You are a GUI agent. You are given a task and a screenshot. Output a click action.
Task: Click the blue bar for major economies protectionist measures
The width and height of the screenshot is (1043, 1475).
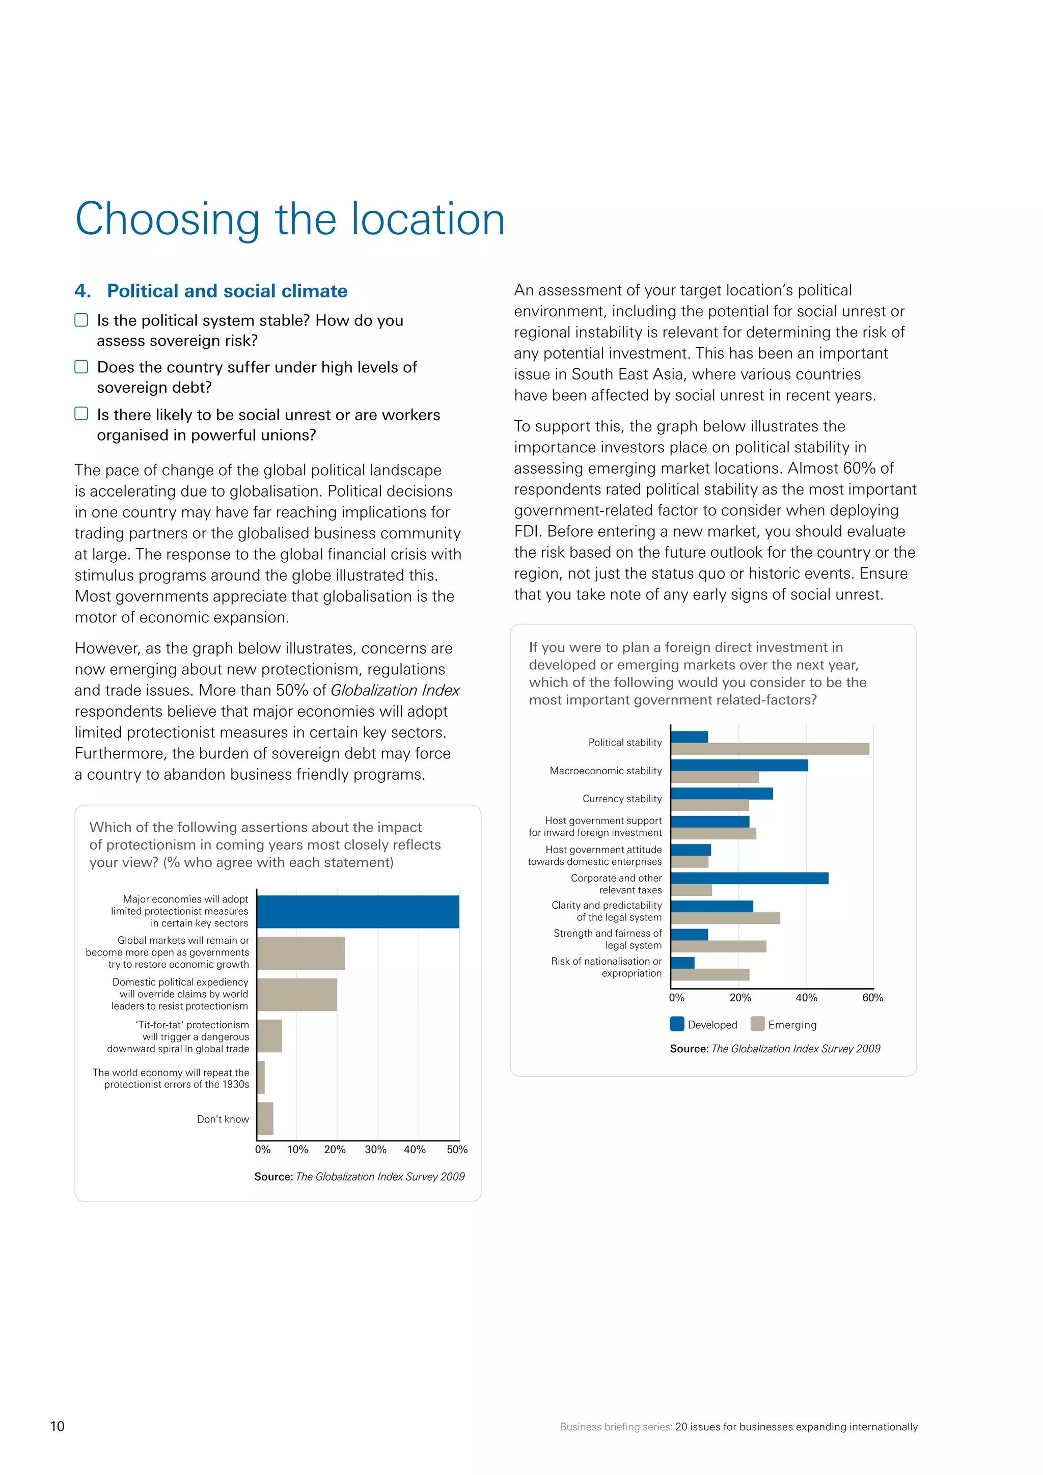[x=358, y=912]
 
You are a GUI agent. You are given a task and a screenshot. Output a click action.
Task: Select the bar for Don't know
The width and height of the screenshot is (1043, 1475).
[x=265, y=1118]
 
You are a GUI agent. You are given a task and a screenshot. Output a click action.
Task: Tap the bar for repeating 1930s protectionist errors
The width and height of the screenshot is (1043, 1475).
[x=261, y=1077]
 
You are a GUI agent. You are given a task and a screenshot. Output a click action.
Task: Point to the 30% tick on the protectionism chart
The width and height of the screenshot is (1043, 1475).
[x=376, y=1150]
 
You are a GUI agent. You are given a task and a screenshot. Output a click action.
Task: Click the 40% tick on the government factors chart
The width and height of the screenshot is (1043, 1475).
[x=807, y=998]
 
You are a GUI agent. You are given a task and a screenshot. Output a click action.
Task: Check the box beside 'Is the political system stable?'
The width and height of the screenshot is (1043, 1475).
[x=81, y=320]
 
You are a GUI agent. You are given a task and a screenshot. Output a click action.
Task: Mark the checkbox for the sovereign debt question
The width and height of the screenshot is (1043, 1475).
[x=81, y=367]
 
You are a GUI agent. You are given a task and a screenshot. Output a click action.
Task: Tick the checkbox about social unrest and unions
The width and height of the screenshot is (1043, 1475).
[x=81, y=414]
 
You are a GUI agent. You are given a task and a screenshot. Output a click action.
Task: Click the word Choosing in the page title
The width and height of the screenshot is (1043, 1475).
[x=168, y=220]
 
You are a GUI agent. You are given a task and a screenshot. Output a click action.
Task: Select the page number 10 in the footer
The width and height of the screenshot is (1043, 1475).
[x=57, y=1426]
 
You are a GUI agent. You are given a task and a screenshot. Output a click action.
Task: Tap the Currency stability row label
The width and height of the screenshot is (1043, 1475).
[x=622, y=799]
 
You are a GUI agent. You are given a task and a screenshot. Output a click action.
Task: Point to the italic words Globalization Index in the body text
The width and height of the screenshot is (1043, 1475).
[x=395, y=690]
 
